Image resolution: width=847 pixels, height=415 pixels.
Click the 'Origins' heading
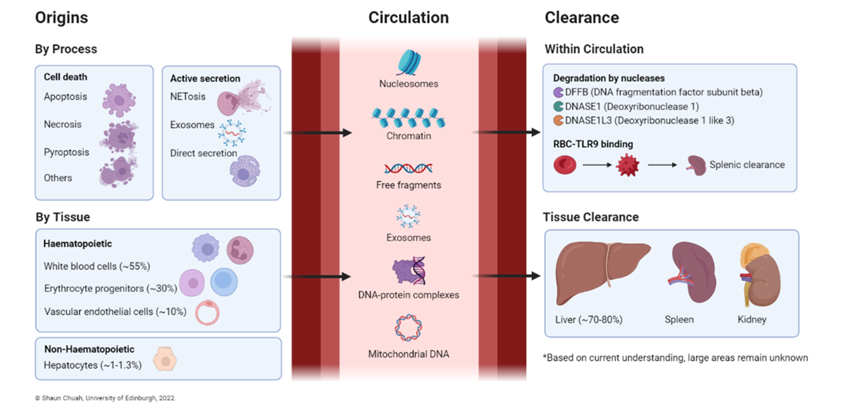pyautogui.click(x=62, y=17)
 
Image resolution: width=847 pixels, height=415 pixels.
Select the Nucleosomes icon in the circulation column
pyautogui.click(x=408, y=62)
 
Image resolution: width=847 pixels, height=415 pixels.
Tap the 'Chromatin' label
pyautogui.click(x=408, y=136)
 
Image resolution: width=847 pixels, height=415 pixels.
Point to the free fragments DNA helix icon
pyautogui.click(x=408, y=169)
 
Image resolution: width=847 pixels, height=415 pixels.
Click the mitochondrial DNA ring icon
pyautogui.click(x=408, y=327)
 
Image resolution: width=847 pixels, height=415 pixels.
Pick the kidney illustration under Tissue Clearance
pyautogui.click(x=760, y=275)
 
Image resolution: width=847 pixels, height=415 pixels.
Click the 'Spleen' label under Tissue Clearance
pyautogui.click(x=679, y=320)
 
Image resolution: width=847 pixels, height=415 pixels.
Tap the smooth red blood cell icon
pyautogui.click(x=565, y=165)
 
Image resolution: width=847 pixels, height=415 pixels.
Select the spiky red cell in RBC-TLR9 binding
pyautogui.click(x=627, y=165)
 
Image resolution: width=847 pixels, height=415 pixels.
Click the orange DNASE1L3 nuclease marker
pyautogui.click(x=558, y=121)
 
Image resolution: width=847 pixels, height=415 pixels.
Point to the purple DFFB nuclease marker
pyautogui.click(x=558, y=92)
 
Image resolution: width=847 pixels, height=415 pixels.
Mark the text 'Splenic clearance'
pyautogui.click(x=747, y=165)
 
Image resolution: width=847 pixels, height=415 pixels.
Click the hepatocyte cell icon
pyautogui.click(x=165, y=359)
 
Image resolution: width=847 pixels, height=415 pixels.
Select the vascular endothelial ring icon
pyautogui.click(x=207, y=312)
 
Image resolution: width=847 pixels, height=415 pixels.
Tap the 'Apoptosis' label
pyautogui.click(x=66, y=97)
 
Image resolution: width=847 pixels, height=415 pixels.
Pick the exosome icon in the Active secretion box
pyautogui.click(x=232, y=133)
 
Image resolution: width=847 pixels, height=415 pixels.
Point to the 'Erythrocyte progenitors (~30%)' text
pyautogui.click(x=111, y=289)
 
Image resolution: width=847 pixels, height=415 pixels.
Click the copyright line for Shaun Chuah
pyautogui.click(x=106, y=398)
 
